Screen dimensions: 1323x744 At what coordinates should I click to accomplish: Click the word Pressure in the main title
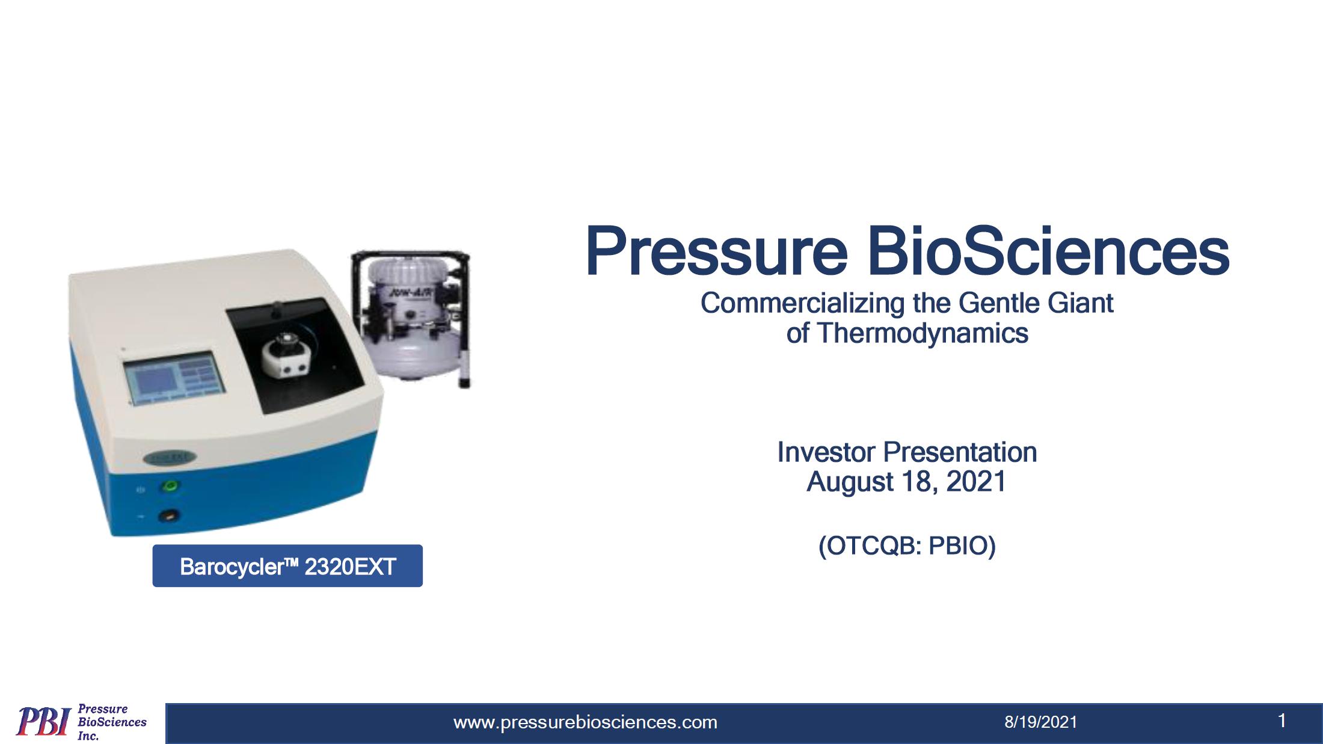coord(716,251)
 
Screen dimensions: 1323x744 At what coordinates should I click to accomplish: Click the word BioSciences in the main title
coord(1048,251)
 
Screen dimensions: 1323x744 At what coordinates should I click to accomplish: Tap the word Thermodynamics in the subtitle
coord(922,333)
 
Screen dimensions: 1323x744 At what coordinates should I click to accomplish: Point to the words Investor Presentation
coord(907,452)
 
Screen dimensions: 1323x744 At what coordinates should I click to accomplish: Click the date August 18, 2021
coord(907,482)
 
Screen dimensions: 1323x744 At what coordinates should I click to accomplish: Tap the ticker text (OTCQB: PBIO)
coord(907,546)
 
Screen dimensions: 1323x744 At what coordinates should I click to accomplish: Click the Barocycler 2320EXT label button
coord(287,566)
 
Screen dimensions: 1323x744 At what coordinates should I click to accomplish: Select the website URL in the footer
coord(585,722)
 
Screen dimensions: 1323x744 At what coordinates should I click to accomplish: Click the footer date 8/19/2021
coord(1041,722)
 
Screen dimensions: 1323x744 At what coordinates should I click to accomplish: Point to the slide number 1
coord(1282,721)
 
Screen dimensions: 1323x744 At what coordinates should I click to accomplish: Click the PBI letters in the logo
coord(43,721)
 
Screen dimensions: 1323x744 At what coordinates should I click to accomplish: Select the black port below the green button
coord(169,515)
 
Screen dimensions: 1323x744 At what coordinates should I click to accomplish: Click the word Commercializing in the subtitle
coord(802,303)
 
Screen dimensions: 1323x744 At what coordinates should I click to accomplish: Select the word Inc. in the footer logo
coord(88,736)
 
